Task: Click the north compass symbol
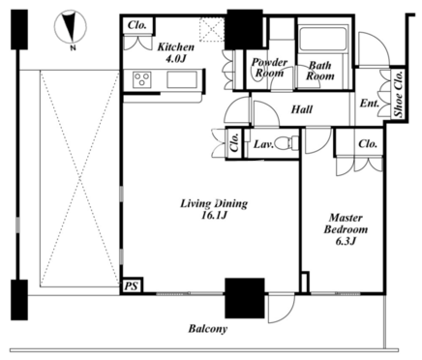(x=70, y=27)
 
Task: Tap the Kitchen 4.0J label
(x=176, y=52)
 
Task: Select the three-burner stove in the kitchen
(x=142, y=79)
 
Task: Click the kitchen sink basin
(x=182, y=79)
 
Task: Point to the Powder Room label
(x=269, y=68)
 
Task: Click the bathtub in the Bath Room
(x=323, y=39)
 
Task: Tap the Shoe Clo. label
(x=399, y=94)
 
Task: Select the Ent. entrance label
(x=370, y=104)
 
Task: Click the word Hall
(x=302, y=109)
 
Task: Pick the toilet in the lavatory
(x=287, y=142)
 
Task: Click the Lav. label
(x=263, y=144)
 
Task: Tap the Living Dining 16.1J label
(x=214, y=209)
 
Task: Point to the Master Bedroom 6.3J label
(x=346, y=229)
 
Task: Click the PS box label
(x=132, y=286)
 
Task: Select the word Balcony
(x=208, y=329)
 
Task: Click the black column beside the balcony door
(x=245, y=298)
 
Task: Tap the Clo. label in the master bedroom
(x=368, y=143)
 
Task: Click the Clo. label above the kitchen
(x=137, y=25)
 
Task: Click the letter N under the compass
(x=74, y=48)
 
